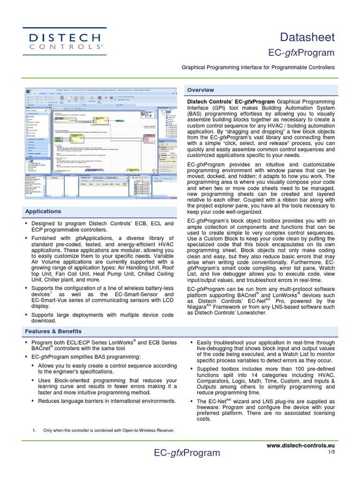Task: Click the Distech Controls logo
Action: (65, 41)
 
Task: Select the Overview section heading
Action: (201, 90)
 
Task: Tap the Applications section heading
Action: (43, 211)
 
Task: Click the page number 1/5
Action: (331, 452)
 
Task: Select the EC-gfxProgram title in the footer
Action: (187, 453)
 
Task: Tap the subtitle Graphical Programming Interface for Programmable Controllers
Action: (258, 67)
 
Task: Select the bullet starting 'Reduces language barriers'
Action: (107, 401)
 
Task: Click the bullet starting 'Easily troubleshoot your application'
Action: (265, 352)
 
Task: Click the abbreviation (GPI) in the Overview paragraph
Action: (220, 108)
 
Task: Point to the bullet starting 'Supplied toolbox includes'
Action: (265, 380)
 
